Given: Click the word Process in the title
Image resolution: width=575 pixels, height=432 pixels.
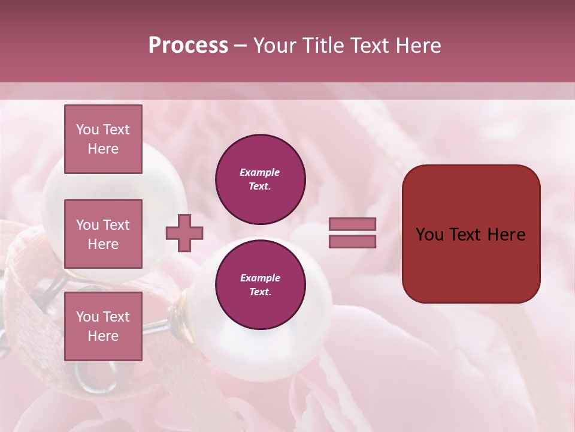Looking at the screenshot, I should point(188,46).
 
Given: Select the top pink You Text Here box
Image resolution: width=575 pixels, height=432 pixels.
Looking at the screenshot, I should point(103,139).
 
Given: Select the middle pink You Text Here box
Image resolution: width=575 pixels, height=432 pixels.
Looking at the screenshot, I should point(103,234).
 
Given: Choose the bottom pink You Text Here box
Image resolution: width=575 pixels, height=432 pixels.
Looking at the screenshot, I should point(103,326).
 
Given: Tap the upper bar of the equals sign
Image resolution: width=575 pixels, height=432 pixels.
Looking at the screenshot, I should point(352,224).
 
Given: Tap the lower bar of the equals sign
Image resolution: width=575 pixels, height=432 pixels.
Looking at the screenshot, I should point(352,242).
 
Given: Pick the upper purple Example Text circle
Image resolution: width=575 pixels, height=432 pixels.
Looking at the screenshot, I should point(260,179).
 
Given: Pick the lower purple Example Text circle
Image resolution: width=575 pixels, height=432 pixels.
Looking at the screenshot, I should point(260,284).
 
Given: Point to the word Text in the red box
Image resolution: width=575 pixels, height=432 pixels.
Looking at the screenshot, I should point(472,235).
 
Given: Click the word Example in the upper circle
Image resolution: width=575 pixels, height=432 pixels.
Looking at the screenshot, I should point(259,173).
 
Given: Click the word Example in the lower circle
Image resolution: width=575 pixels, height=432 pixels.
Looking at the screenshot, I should point(259,278).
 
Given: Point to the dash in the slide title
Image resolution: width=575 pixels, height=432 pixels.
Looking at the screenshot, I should point(240,46).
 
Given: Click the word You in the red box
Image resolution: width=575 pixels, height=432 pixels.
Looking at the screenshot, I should point(430,235).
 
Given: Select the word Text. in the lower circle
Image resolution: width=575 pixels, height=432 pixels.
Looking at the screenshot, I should point(259,292).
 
